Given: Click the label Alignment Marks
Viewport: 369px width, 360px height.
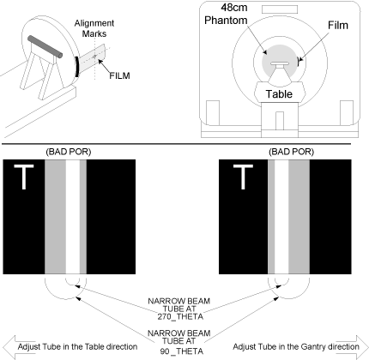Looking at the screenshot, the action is tap(94, 28).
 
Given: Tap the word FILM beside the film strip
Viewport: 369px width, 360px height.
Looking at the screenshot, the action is tap(119, 75).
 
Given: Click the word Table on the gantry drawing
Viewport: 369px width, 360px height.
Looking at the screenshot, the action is tap(279, 94).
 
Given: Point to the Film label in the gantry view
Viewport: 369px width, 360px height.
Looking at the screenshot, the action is tap(338, 25).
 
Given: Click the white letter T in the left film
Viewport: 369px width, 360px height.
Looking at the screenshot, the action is tap(24, 177).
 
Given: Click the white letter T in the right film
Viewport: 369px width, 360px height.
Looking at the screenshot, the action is tap(243, 177).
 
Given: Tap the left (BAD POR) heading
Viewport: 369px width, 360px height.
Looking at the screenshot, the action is tap(69, 152).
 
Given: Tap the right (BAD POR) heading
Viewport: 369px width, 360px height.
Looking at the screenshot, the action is tap(291, 152).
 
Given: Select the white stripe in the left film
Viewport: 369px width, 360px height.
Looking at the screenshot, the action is tap(73, 217).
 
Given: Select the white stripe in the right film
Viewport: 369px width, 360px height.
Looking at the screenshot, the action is tap(281, 217).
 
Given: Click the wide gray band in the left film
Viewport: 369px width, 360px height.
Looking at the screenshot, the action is tap(55, 217).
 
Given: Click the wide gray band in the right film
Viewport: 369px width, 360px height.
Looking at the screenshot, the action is tap(299, 217).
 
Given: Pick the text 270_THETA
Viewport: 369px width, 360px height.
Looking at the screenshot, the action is tap(180, 316).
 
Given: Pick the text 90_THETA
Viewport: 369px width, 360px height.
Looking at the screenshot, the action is tap(182, 351).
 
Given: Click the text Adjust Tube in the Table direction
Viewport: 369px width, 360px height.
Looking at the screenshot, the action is tap(77, 347).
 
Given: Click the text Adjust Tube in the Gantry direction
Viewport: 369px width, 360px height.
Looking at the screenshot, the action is tap(296, 347).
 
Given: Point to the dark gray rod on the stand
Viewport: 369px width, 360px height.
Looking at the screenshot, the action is tap(45, 47).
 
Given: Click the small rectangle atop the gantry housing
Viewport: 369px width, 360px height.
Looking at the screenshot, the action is tap(280, 9).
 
